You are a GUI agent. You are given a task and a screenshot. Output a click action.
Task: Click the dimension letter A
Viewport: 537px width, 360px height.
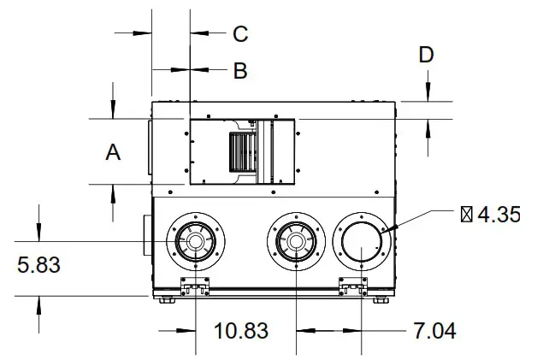click(x=113, y=153)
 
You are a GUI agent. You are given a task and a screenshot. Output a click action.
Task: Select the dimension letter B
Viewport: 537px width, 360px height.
click(x=240, y=70)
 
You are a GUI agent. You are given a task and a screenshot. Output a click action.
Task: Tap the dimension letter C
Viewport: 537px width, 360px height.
click(x=240, y=33)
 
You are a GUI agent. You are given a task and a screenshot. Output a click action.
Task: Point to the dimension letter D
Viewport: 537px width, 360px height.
click(x=426, y=55)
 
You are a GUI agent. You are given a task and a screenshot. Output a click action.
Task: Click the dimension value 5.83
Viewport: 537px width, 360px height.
click(x=38, y=266)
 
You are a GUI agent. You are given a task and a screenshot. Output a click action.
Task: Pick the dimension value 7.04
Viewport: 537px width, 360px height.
click(x=434, y=330)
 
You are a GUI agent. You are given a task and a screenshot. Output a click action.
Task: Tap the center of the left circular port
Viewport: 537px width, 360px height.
click(x=197, y=243)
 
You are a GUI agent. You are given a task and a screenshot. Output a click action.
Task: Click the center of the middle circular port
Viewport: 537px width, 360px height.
click(x=296, y=243)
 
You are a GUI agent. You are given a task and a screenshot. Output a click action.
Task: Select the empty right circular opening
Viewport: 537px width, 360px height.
click(x=363, y=243)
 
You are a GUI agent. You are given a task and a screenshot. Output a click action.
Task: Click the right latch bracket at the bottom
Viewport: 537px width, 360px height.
click(x=353, y=286)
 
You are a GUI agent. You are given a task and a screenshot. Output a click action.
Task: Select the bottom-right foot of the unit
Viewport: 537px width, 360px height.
click(x=381, y=298)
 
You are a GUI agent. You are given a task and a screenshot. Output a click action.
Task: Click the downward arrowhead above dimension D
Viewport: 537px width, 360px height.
click(x=426, y=95)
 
